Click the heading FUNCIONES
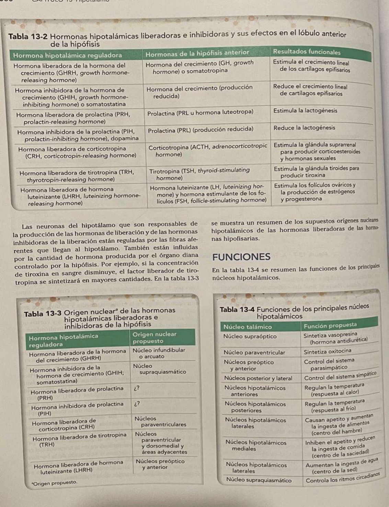[241, 257]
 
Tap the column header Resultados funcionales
[307, 52]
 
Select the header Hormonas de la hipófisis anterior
[197, 53]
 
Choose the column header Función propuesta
[330, 325]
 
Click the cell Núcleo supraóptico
[250, 336]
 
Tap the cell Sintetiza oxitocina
[328, 351]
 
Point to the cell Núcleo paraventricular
[254, 352]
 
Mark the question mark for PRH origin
[136, 388]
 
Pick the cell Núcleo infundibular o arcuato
[159, 353]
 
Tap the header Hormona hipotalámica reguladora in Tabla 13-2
[67, 55]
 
